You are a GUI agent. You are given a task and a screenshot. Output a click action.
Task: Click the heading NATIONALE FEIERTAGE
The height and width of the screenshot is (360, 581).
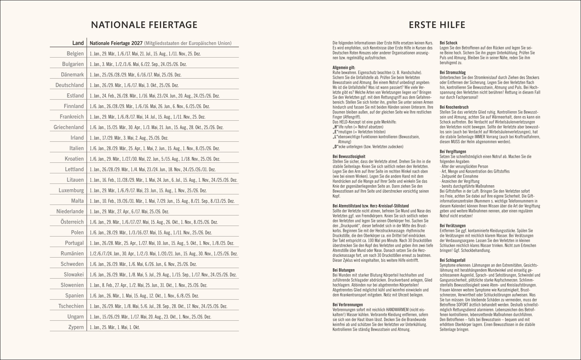(144, 25)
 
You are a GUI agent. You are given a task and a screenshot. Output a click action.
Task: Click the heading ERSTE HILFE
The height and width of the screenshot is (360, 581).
(437, 25)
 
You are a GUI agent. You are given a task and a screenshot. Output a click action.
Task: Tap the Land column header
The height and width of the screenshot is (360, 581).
(78, 43)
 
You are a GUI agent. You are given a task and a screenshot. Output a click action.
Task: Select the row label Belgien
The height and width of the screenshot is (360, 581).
(75, 54)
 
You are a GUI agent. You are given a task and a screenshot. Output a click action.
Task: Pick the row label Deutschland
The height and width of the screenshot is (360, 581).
(69, 85)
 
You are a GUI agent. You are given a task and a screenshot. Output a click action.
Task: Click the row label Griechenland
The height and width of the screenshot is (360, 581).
(69, 127)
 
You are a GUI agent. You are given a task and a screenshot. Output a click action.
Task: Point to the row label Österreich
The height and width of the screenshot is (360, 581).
(72, 222)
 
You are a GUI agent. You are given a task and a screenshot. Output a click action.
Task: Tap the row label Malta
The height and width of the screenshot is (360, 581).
(77, 201)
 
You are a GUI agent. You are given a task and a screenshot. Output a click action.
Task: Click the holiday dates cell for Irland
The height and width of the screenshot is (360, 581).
(129, 138)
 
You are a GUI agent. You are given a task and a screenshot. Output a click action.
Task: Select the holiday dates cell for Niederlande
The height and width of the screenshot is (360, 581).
(129, 212)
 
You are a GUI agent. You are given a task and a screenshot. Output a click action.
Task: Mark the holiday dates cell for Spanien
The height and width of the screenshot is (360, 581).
(144, 296)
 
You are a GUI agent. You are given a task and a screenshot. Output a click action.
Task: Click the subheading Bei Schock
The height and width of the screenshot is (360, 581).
(448, 43)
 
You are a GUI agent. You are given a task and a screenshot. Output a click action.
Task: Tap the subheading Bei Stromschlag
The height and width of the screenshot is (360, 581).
(453, 73)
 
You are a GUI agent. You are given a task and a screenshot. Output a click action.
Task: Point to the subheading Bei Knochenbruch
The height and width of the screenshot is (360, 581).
(454, 107)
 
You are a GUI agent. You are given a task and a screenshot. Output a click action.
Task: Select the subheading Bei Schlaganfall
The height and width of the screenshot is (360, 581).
(453, 260)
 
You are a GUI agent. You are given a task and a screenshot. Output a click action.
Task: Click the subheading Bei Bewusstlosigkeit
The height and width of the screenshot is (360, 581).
(349, 156)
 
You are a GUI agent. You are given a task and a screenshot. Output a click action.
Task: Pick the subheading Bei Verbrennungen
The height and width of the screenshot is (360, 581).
(348, 305)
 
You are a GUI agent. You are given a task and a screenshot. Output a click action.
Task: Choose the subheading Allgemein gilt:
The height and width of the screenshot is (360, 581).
(344, 67)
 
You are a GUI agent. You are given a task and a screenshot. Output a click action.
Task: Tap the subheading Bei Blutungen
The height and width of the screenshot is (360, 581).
(343, 270)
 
